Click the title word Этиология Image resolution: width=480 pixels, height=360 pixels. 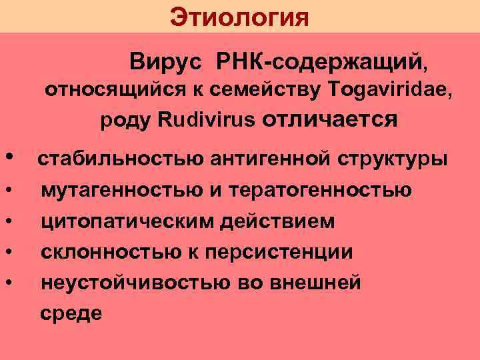click(239, 17)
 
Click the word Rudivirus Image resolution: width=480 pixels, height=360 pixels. click(207, 121)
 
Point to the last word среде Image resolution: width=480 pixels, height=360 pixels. click(71, 313)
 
